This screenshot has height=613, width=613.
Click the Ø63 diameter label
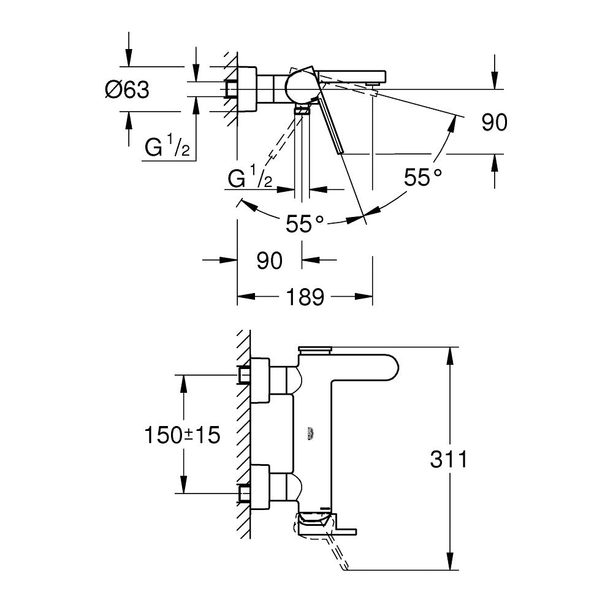click(127, 90)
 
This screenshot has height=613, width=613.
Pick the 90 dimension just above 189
click(269, 261)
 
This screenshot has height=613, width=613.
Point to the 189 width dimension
click(305, 297)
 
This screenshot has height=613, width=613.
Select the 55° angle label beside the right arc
click(423, 178)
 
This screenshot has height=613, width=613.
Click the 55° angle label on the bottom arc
click(305, 224)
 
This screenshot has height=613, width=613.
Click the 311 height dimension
click(448, 459)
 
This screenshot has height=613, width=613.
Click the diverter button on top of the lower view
click(314, 349)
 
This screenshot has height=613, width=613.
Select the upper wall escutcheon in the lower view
click(260, 380)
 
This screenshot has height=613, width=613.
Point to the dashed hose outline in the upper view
click(279, 141)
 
